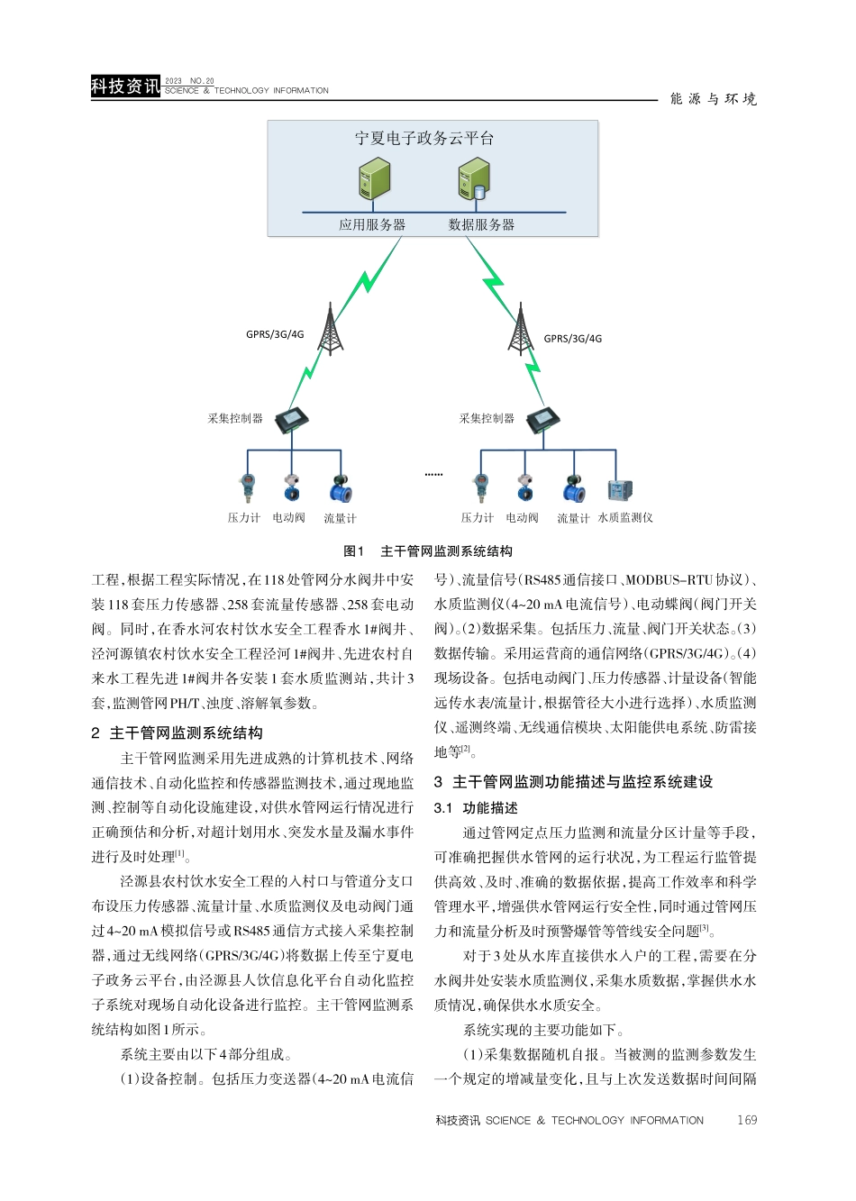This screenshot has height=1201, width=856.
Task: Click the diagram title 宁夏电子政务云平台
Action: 423,139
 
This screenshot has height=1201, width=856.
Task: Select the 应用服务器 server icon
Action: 374,179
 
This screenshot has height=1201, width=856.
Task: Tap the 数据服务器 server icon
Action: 473,179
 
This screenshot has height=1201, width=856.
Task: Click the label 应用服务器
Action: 372,225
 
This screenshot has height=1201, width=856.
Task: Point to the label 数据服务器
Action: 481,225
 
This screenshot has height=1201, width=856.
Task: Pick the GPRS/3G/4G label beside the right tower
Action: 573,339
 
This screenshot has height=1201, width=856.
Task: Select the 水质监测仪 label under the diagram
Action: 625,518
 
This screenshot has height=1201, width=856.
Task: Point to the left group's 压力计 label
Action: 243,518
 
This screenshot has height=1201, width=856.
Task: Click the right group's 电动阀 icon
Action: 525,487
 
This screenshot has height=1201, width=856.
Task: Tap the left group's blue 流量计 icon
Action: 341,489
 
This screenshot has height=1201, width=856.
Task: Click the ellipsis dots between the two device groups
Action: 433,474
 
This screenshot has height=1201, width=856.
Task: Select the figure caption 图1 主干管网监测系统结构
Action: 428,551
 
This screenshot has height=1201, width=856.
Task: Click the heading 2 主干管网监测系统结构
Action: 178,733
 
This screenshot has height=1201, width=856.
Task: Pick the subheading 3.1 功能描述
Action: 476,808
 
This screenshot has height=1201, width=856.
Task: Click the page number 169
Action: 746,1120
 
